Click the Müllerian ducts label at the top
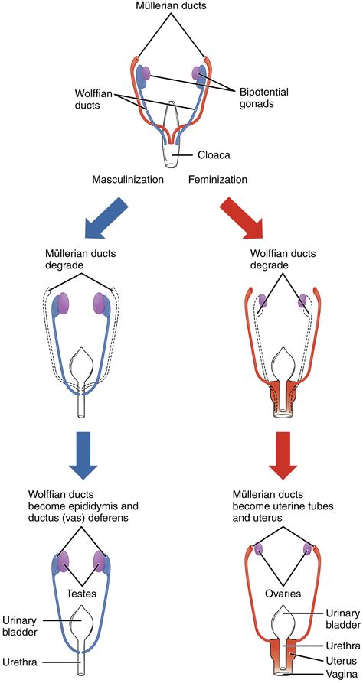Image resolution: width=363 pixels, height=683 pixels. (181, 7)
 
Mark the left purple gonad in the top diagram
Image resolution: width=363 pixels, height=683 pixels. (145, 74)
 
